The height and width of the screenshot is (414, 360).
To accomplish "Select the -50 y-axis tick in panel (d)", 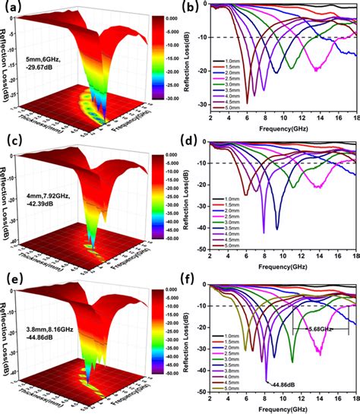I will tap(200, 248).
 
